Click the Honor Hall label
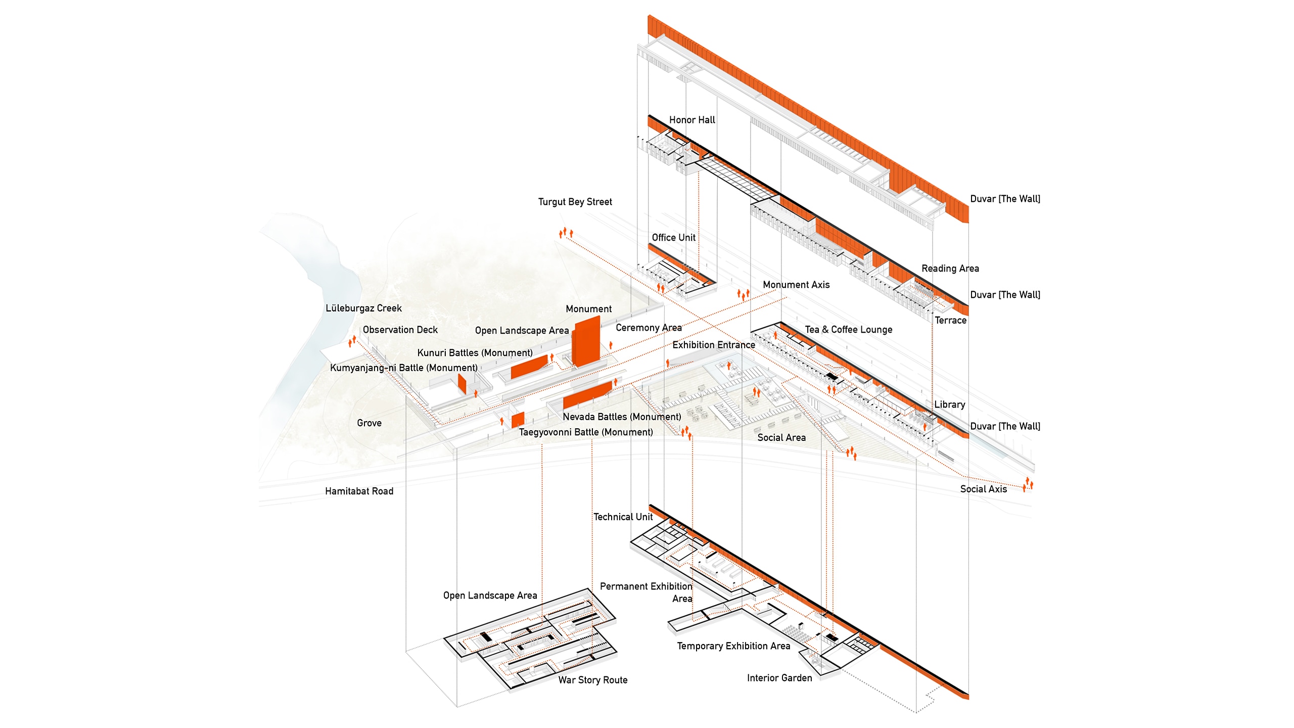(x=692, y=120)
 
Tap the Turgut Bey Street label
(x=575, y=202)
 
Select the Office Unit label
(x=673, y=238)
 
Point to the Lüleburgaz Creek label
(x=363, y=308)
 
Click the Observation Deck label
(x=400, y=330)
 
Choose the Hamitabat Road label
(x=359, y=491)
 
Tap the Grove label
(x=369, y=423)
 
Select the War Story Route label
(x=592, y=680)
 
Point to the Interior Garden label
(x=779, y=678)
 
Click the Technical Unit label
(x=623, y=517)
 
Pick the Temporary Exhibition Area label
(x=733, y=646)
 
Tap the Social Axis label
(x=983, y=489)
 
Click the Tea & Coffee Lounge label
(x=848, y=330)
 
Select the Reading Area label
(x=950, y=268)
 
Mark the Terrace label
(x=950, y=321)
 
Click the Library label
(x=949, y=404)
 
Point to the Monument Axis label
(x=796, y=285)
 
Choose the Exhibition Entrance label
(x=713, y=345)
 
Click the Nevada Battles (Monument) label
(x=622, y=417)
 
